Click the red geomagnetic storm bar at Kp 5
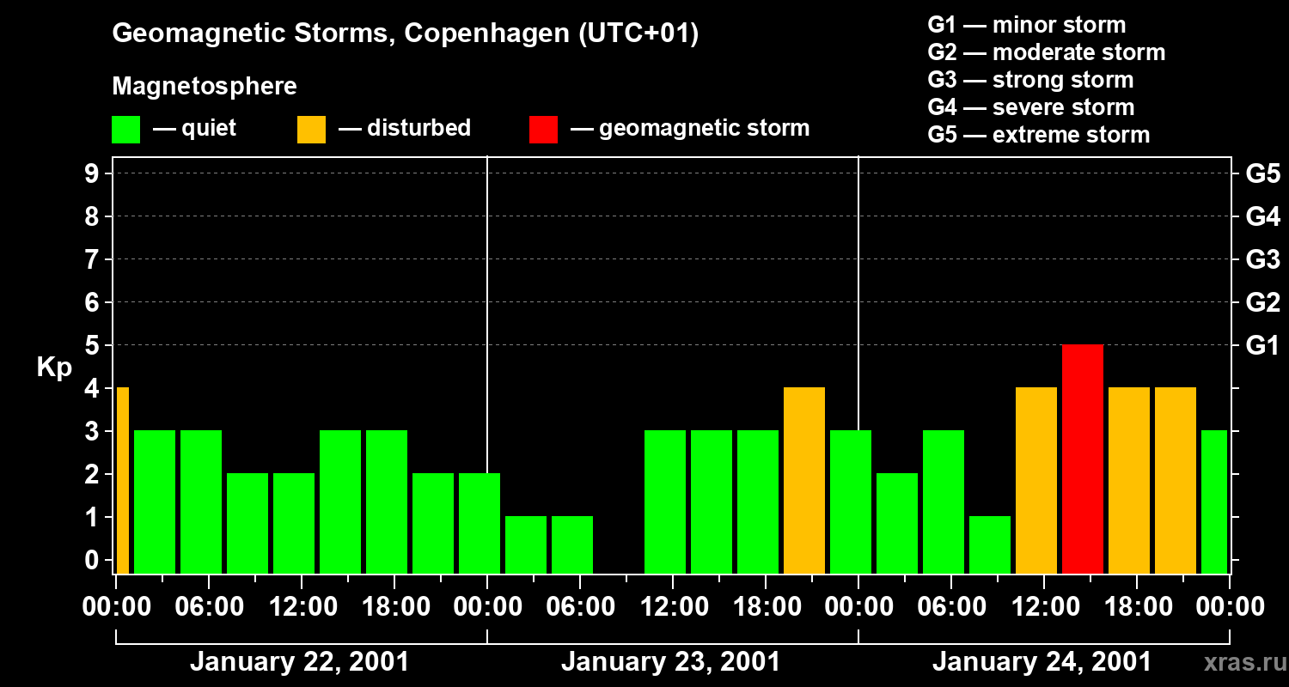click(x=1082, y=459)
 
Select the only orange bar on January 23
click(x=803, y=480)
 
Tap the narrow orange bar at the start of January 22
click(x=122, y=480)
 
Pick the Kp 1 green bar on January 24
click(x=989, y=544)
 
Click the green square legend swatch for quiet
click(x=126, y=129)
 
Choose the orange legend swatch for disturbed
click(x=311, y=129)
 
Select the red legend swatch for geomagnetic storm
click(x=543, y=129)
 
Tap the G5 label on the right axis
click(x=1262, y=174)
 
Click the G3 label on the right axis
click(x=1262, y=260)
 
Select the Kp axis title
click(x=54, y=368)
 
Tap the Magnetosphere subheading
click(x=205, y=87)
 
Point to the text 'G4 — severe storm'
click(x=1030, y=107)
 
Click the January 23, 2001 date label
click(x=670, y=662)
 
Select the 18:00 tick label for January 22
click(x=394, y=607)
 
